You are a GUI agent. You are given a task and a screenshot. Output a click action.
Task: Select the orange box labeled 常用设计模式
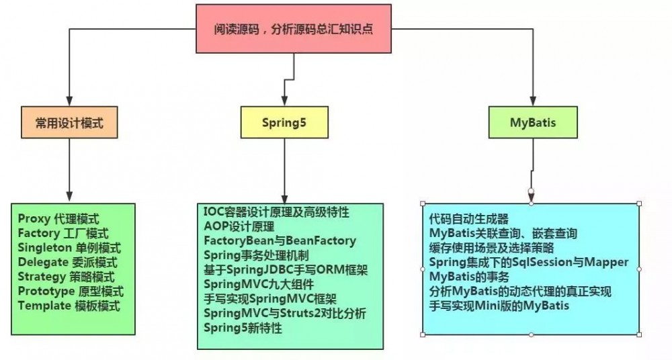point(69,123)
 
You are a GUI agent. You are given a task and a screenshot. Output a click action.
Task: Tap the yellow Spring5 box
point(284,123)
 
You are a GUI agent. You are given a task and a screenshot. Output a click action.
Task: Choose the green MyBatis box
point(532,123)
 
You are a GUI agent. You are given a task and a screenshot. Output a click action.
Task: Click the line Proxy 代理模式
point(58,218)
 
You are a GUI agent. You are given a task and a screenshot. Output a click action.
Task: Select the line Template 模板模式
point(69,306)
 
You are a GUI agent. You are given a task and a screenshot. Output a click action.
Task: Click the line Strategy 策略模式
point(66,277)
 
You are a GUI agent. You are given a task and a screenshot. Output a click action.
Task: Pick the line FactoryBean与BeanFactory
point(280,240)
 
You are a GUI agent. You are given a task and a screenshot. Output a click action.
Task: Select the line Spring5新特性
point(243,328)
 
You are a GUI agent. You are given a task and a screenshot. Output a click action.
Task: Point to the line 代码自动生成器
point(468,219)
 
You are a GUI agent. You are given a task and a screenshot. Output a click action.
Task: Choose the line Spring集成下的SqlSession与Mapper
point(528,262)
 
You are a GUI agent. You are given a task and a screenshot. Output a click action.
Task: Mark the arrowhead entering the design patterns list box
point(69,197)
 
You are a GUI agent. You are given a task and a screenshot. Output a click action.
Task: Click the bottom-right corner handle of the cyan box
point(638,334)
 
